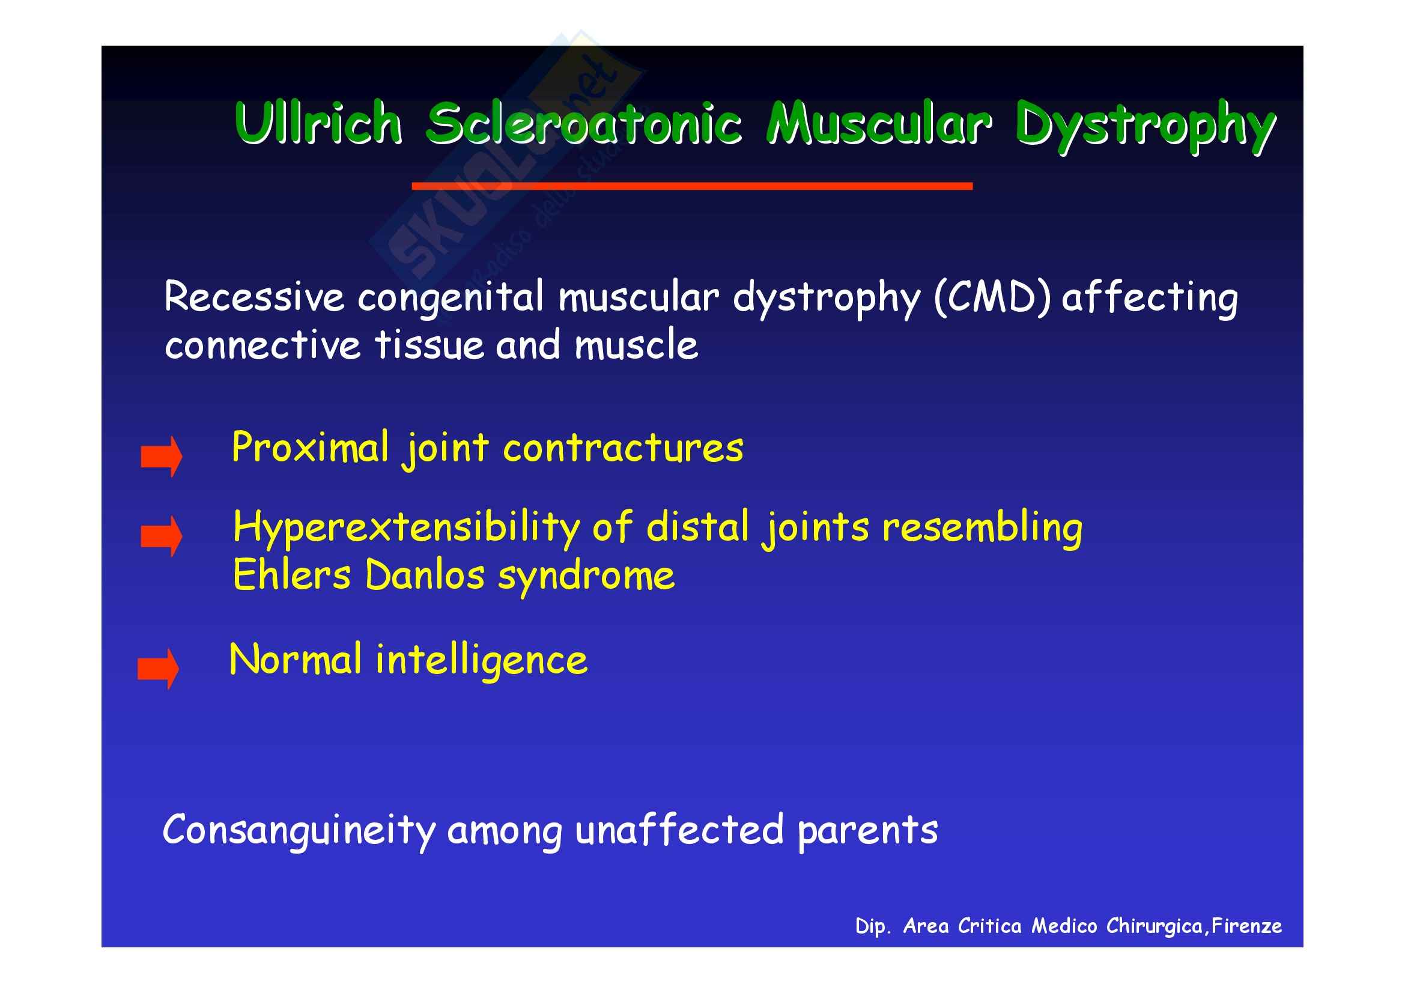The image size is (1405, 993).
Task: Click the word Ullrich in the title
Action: (318, 123)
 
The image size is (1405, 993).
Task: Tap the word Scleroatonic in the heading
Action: (584, 124)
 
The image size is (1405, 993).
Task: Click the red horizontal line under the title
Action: (692, 186)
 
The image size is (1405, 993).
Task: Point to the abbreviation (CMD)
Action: (992, 298)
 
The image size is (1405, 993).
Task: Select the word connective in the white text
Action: (262, 344)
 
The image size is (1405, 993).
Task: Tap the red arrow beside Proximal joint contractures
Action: (161, 457)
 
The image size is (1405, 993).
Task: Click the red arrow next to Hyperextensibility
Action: (161, 536)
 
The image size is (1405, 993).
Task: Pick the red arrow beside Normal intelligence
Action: (158, 669)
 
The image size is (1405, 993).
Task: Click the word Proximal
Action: (310, 448)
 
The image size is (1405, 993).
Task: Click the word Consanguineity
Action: (299, 831)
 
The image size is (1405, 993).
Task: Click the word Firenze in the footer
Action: (1246, 926)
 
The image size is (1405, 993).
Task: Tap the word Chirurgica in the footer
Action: (1155, 926)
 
